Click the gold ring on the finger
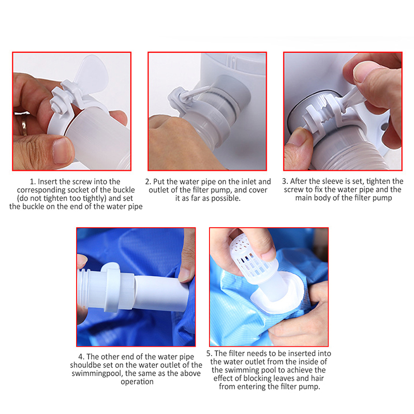pos(24,125)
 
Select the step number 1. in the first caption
pos(33,182)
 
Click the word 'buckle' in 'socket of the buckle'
pos(124,190)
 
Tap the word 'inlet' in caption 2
pos(247,182)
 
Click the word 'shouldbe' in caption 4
pos(83,365)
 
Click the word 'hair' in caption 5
pos(317,378)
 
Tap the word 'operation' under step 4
pos(137,382)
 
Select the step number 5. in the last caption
pos(210,353)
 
